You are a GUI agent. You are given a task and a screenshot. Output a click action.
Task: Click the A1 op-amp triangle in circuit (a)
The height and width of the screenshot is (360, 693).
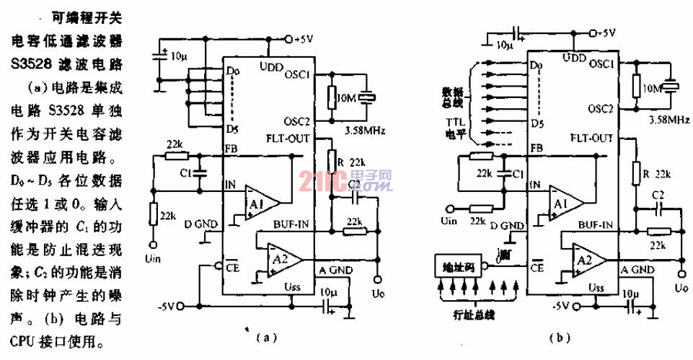(x=261, y=199)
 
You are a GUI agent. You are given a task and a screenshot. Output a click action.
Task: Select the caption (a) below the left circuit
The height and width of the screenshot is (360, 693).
(x=266, y=336)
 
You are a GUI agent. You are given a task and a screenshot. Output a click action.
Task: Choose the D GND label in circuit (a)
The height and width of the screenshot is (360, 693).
(x=200, y=224)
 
